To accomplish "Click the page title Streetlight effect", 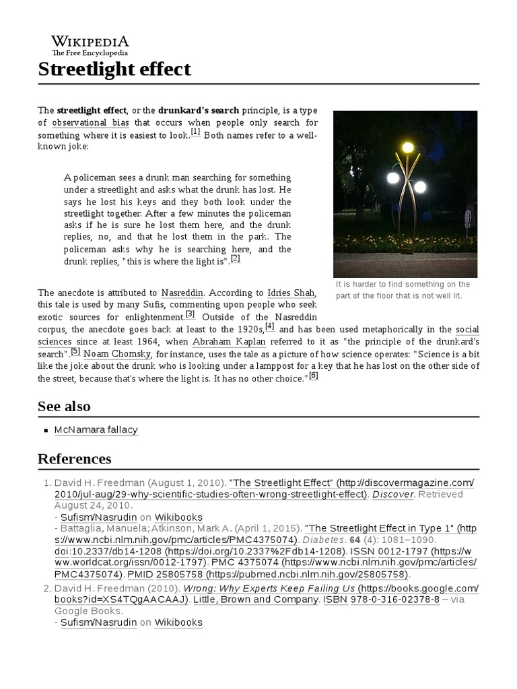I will [114, 69].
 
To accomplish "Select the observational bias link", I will [90, 122].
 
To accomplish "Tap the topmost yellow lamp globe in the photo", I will [407, 147].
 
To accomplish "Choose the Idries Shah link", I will [291, 293].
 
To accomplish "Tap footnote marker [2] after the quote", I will [235, 258].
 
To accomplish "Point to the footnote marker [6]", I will [313, 375].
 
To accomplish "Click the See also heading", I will [64, 406].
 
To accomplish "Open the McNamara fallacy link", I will [96, 429].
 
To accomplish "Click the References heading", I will [74, 459].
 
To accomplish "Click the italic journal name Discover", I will [393, 494].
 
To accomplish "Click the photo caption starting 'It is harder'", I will [403, 290].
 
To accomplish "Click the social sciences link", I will [467, 329].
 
